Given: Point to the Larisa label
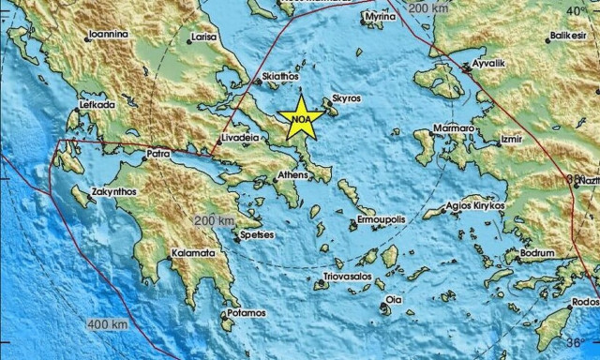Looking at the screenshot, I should click(203, 38).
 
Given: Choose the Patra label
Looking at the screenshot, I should click(157, 153).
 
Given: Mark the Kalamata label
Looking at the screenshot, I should click(193, 254).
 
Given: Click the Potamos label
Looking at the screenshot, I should click(247, 311).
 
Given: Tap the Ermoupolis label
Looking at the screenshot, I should click(380, 218).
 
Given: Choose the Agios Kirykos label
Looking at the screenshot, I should click(476, 205).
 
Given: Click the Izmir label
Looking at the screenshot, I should click(511, 139).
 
